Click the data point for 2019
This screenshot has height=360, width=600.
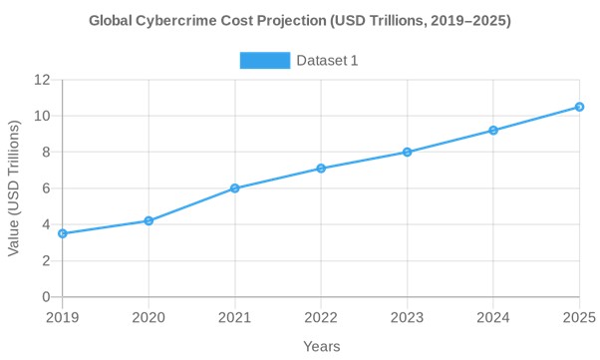[63, 233]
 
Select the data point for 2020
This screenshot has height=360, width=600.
[149, 220]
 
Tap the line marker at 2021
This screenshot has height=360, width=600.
[235, 188]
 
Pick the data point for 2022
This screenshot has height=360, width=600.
[321, 169]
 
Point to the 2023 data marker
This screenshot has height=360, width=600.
[408, 152]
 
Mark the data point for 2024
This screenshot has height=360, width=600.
[493, 131]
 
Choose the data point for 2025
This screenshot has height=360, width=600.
[579, 107]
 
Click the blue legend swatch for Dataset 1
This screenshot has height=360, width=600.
[264, 61]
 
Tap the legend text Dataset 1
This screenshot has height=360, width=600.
[327, 61]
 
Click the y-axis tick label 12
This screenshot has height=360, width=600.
[42, 80]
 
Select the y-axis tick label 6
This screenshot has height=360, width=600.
[46, 188]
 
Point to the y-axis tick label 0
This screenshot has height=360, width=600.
[46, 297]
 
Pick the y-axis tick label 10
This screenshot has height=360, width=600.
[42, 116]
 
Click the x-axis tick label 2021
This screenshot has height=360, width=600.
[235, 316]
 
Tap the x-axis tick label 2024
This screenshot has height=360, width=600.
[493, 316]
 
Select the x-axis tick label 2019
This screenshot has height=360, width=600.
[63, 316]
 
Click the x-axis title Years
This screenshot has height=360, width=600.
[321, 346]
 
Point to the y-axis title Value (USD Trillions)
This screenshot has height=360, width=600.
[14, 188]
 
